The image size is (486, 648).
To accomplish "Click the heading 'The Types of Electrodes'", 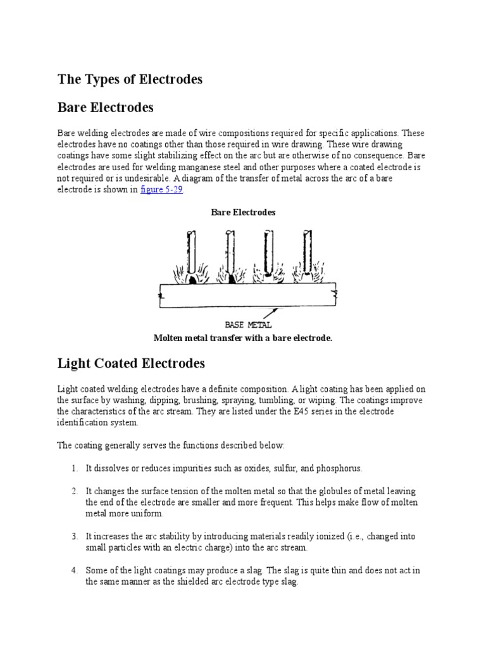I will pyautogui.click(x=130, y=80).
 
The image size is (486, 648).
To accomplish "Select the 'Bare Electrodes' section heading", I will pyautogui.click(x=106, y=108).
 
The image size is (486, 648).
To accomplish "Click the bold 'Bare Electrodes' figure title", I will pyautogui.click(x=243, y=213).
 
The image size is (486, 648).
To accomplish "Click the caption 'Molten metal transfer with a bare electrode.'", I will pyautogui.click(x=243, y=339).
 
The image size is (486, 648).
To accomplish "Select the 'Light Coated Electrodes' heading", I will pyautogui.click(x=132, y=364).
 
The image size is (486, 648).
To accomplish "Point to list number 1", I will pyautogui.click(x=74, y=468).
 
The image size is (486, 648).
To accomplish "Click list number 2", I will pyautogui.click(x=74, y=491).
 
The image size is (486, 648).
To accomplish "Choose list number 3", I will pyautogui.click(x=74, y=537).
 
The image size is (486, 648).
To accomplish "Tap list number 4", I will pyautogui.click(x=74, y=571).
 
